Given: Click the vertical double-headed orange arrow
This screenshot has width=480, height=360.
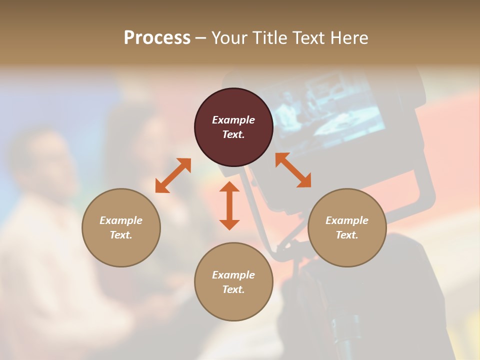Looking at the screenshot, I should click(x=229, y=205).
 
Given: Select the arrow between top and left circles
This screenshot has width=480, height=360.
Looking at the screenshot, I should click(x=173, y=175).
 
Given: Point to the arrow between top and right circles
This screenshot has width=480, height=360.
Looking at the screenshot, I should click(x=293, y=170).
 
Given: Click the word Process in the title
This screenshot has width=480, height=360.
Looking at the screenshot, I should click(x=157, y=38).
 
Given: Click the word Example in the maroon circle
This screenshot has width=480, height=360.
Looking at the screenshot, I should click(x=233, y=120).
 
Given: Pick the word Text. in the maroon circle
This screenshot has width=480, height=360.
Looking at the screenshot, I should click(x=233, y=134).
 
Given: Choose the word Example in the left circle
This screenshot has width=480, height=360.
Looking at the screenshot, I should click(x=121, y=220).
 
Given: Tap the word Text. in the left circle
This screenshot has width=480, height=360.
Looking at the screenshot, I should click(x=121, y=235).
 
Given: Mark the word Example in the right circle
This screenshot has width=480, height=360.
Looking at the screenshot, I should click(x=347, y=220).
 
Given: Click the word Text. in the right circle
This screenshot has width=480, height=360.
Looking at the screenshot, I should click(x=347, y=235).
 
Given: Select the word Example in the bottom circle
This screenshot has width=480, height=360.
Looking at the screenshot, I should click(x=233, y=275).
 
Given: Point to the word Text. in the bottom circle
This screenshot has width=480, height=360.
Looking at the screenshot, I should click(x=233, y=289).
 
